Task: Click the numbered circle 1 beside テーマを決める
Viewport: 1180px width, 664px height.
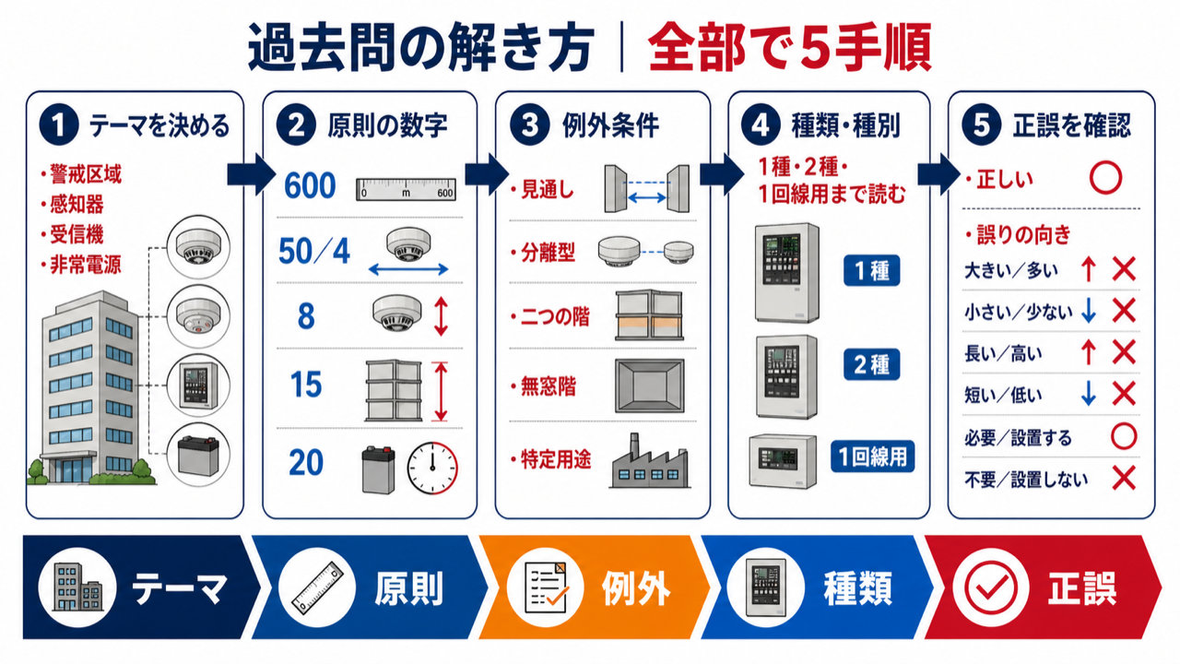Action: [58, 125]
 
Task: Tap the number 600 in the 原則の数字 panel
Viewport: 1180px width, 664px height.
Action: [310, 185]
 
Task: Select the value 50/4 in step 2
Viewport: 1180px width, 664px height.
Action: [314, 252]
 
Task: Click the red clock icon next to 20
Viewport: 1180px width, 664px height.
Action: [432, 468]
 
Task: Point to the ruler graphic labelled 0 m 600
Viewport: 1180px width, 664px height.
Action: [406, 190]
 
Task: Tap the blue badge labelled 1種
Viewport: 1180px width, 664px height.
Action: [872, 271]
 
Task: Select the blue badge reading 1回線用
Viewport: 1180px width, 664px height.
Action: [873, 456]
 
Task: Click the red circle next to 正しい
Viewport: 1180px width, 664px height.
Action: [1105, 178]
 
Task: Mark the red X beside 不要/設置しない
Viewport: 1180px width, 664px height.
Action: [1124, 479]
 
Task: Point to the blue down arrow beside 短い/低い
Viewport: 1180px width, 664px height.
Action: [1089, 394]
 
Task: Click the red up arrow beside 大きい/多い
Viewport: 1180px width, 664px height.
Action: [1089, 270]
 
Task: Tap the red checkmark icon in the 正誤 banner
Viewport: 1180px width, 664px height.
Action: [990, 587]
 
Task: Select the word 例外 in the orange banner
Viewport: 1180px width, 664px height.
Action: [636, 588]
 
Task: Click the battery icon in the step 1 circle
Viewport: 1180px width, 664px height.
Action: [198, 456]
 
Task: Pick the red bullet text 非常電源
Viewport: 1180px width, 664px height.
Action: [86, 265]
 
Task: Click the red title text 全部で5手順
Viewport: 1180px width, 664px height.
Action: [790, 48]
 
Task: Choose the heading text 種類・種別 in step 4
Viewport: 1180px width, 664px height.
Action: [846, 125]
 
